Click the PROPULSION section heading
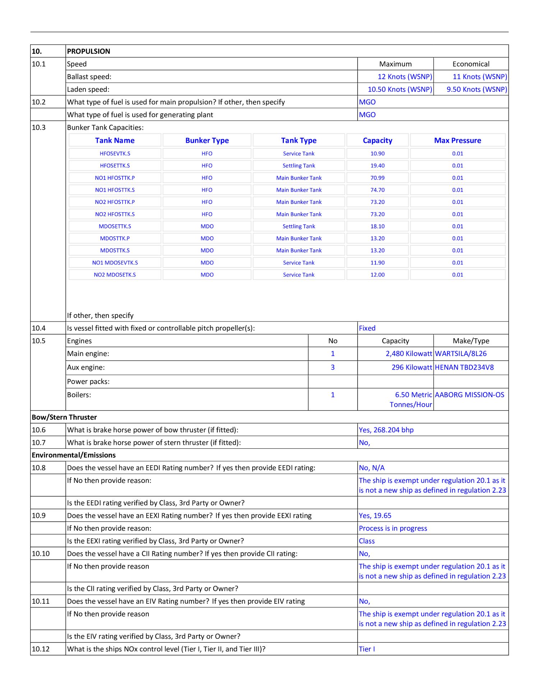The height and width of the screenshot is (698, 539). [88, 51]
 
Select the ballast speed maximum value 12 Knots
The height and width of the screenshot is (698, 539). [405, 77]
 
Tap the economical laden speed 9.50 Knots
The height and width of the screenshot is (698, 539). [476, 89]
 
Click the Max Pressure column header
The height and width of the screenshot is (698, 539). [457, 140]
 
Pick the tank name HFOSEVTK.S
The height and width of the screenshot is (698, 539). [115, 154]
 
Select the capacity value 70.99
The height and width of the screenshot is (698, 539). [377, 178]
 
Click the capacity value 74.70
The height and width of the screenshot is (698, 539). [377, 190]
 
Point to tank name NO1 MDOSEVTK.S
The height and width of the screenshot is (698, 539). [115, 263]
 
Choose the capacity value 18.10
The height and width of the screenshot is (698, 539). [377, 226]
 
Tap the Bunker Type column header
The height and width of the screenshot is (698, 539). [207, 140]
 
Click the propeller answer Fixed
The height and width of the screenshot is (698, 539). [367, 328]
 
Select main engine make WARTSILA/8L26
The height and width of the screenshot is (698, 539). [461, 353]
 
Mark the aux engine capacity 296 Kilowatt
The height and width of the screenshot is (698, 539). [411, 367]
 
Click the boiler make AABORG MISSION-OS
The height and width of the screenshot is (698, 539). [469, 394]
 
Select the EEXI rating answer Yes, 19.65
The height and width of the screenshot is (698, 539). [375, 515]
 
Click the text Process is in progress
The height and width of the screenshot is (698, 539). [393, 528]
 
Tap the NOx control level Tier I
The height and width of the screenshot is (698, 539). [367, 649]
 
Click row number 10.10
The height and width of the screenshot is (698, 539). [41, 553]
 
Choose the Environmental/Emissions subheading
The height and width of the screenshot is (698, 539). [74, 455]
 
